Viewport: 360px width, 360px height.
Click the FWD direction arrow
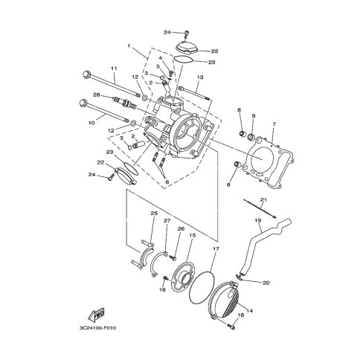pos(97,314)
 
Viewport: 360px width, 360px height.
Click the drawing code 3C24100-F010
pos(97,328)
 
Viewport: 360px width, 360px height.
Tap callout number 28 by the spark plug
pos(96,94)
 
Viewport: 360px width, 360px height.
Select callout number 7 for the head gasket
pos(274,123)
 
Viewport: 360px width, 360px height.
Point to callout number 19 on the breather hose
pos(257,219)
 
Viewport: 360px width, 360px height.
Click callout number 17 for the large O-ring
pos(215,248)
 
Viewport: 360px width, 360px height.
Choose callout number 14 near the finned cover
pos(250,310)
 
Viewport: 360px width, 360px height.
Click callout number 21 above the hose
pos(263,199)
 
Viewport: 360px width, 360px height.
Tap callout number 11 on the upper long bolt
pos(114,68)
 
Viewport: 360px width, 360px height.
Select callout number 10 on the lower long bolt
pos(91,123)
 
